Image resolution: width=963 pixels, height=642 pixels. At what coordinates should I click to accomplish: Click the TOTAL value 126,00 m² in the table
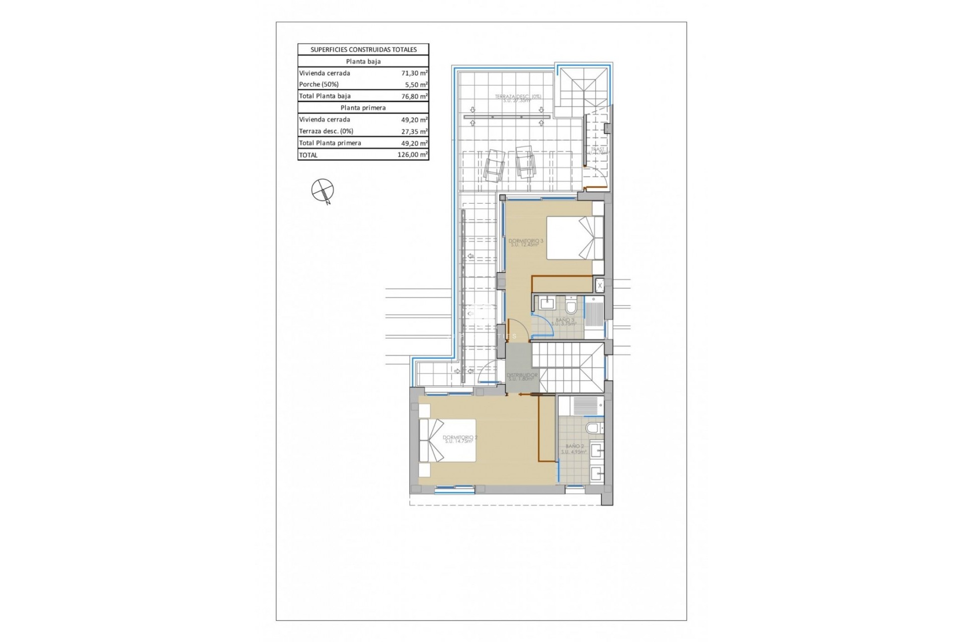pos(412,155)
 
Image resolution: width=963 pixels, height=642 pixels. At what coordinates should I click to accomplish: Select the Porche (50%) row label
pos(318,84)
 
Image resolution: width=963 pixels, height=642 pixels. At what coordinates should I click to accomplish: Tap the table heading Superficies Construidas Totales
pos(363,50)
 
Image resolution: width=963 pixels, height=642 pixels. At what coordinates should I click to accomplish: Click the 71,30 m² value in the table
pos(414,73)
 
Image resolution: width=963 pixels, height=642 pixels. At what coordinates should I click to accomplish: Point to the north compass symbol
pos(322,191)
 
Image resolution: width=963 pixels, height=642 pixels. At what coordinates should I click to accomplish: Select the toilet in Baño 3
pos(571,305)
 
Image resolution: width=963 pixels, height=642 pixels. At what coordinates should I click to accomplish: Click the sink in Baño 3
pos(546,303)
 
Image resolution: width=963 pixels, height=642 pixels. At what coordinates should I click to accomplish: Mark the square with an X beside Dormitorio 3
pos(599,286)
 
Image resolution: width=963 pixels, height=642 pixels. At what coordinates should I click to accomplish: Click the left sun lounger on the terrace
pos(494,165)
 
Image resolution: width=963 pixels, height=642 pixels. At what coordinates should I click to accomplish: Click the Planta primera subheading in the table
pos(363,108)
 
